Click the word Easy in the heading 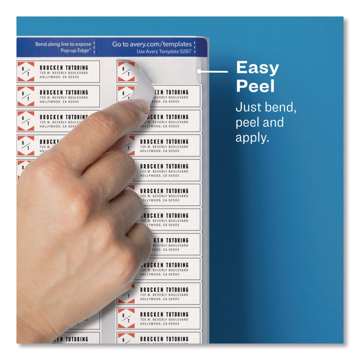point(257,68)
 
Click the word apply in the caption point(252,138)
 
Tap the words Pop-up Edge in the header point(77,51)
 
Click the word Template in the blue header point(163,52)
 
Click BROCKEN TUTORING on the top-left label point(64,67)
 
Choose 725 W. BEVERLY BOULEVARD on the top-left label point(63,73)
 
